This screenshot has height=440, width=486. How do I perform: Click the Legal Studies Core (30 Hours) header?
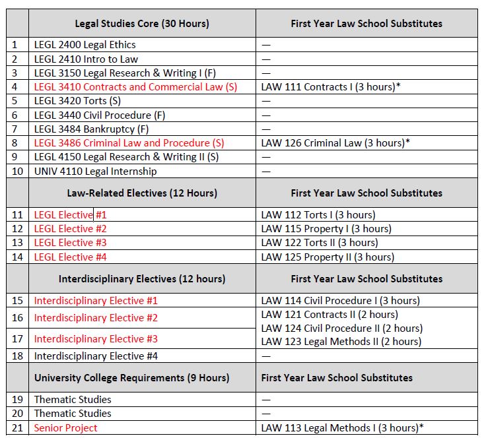tap(142, 24)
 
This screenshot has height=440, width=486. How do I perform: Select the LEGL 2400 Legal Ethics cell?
tap(85, 45)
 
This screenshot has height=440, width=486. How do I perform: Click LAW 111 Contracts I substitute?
tap(331, 87)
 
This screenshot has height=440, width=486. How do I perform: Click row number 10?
tap(17, 172)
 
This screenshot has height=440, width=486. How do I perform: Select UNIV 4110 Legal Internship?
tap(96, 172)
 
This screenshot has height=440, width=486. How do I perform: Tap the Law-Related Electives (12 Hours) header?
tap(142, 193)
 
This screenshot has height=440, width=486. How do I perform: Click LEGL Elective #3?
tap(70, 243)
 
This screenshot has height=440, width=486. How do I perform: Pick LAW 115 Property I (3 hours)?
tap(326, 229)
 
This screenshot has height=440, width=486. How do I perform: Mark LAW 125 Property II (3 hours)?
tap(328, 257)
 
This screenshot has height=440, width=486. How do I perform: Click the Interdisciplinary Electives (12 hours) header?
tap(142, 279)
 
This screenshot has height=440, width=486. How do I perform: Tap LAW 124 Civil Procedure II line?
tap(342, 329)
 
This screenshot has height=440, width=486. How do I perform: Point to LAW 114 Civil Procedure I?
tap(340, 301)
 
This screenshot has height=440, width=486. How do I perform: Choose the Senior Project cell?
tap(65, 428)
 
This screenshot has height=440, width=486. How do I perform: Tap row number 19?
tap(17, 400)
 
